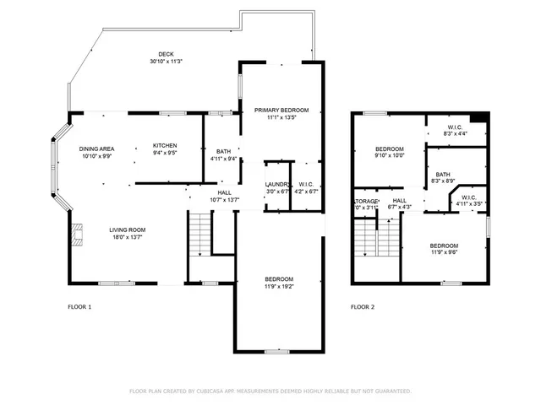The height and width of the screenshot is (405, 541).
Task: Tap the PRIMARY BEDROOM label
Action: point(281,110)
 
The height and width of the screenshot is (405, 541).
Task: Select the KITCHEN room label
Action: point(165,145)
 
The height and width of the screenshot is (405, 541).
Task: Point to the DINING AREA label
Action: point(96,148)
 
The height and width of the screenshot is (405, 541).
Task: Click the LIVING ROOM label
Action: point(127,229)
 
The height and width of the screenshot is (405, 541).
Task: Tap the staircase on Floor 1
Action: point(199,234)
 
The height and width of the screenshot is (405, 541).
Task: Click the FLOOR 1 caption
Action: point(79,307)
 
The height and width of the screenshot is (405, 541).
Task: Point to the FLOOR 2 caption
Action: point(363,307)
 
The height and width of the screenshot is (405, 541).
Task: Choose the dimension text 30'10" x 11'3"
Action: point(167,62)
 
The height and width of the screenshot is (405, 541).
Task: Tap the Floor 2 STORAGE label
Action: point(364,201)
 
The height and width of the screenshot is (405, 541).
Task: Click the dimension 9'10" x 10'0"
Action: point(390,154)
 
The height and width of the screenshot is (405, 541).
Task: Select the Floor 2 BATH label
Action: point(443,174)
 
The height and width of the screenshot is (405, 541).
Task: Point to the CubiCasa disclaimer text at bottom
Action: point(270,391)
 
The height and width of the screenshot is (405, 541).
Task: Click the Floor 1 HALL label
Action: point(224,192)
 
